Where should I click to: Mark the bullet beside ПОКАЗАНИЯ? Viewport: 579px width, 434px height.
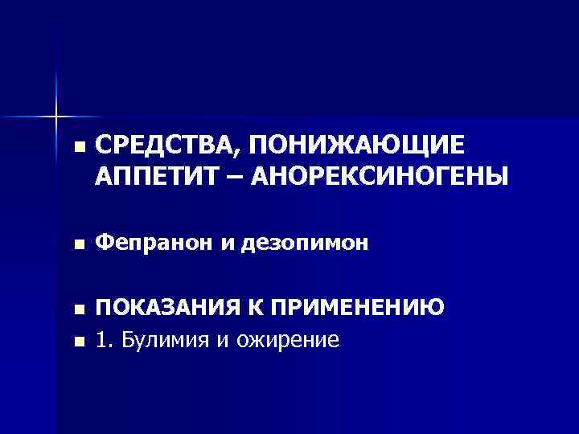click(x=77, y=310)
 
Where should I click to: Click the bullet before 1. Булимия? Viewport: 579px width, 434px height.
click(x=77, y=341)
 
